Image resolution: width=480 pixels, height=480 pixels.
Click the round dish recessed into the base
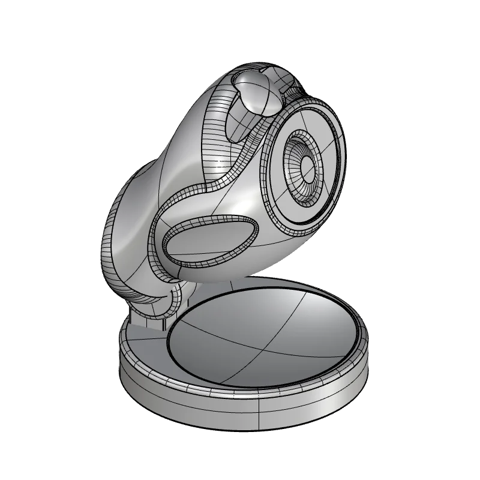tap(264, 333)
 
